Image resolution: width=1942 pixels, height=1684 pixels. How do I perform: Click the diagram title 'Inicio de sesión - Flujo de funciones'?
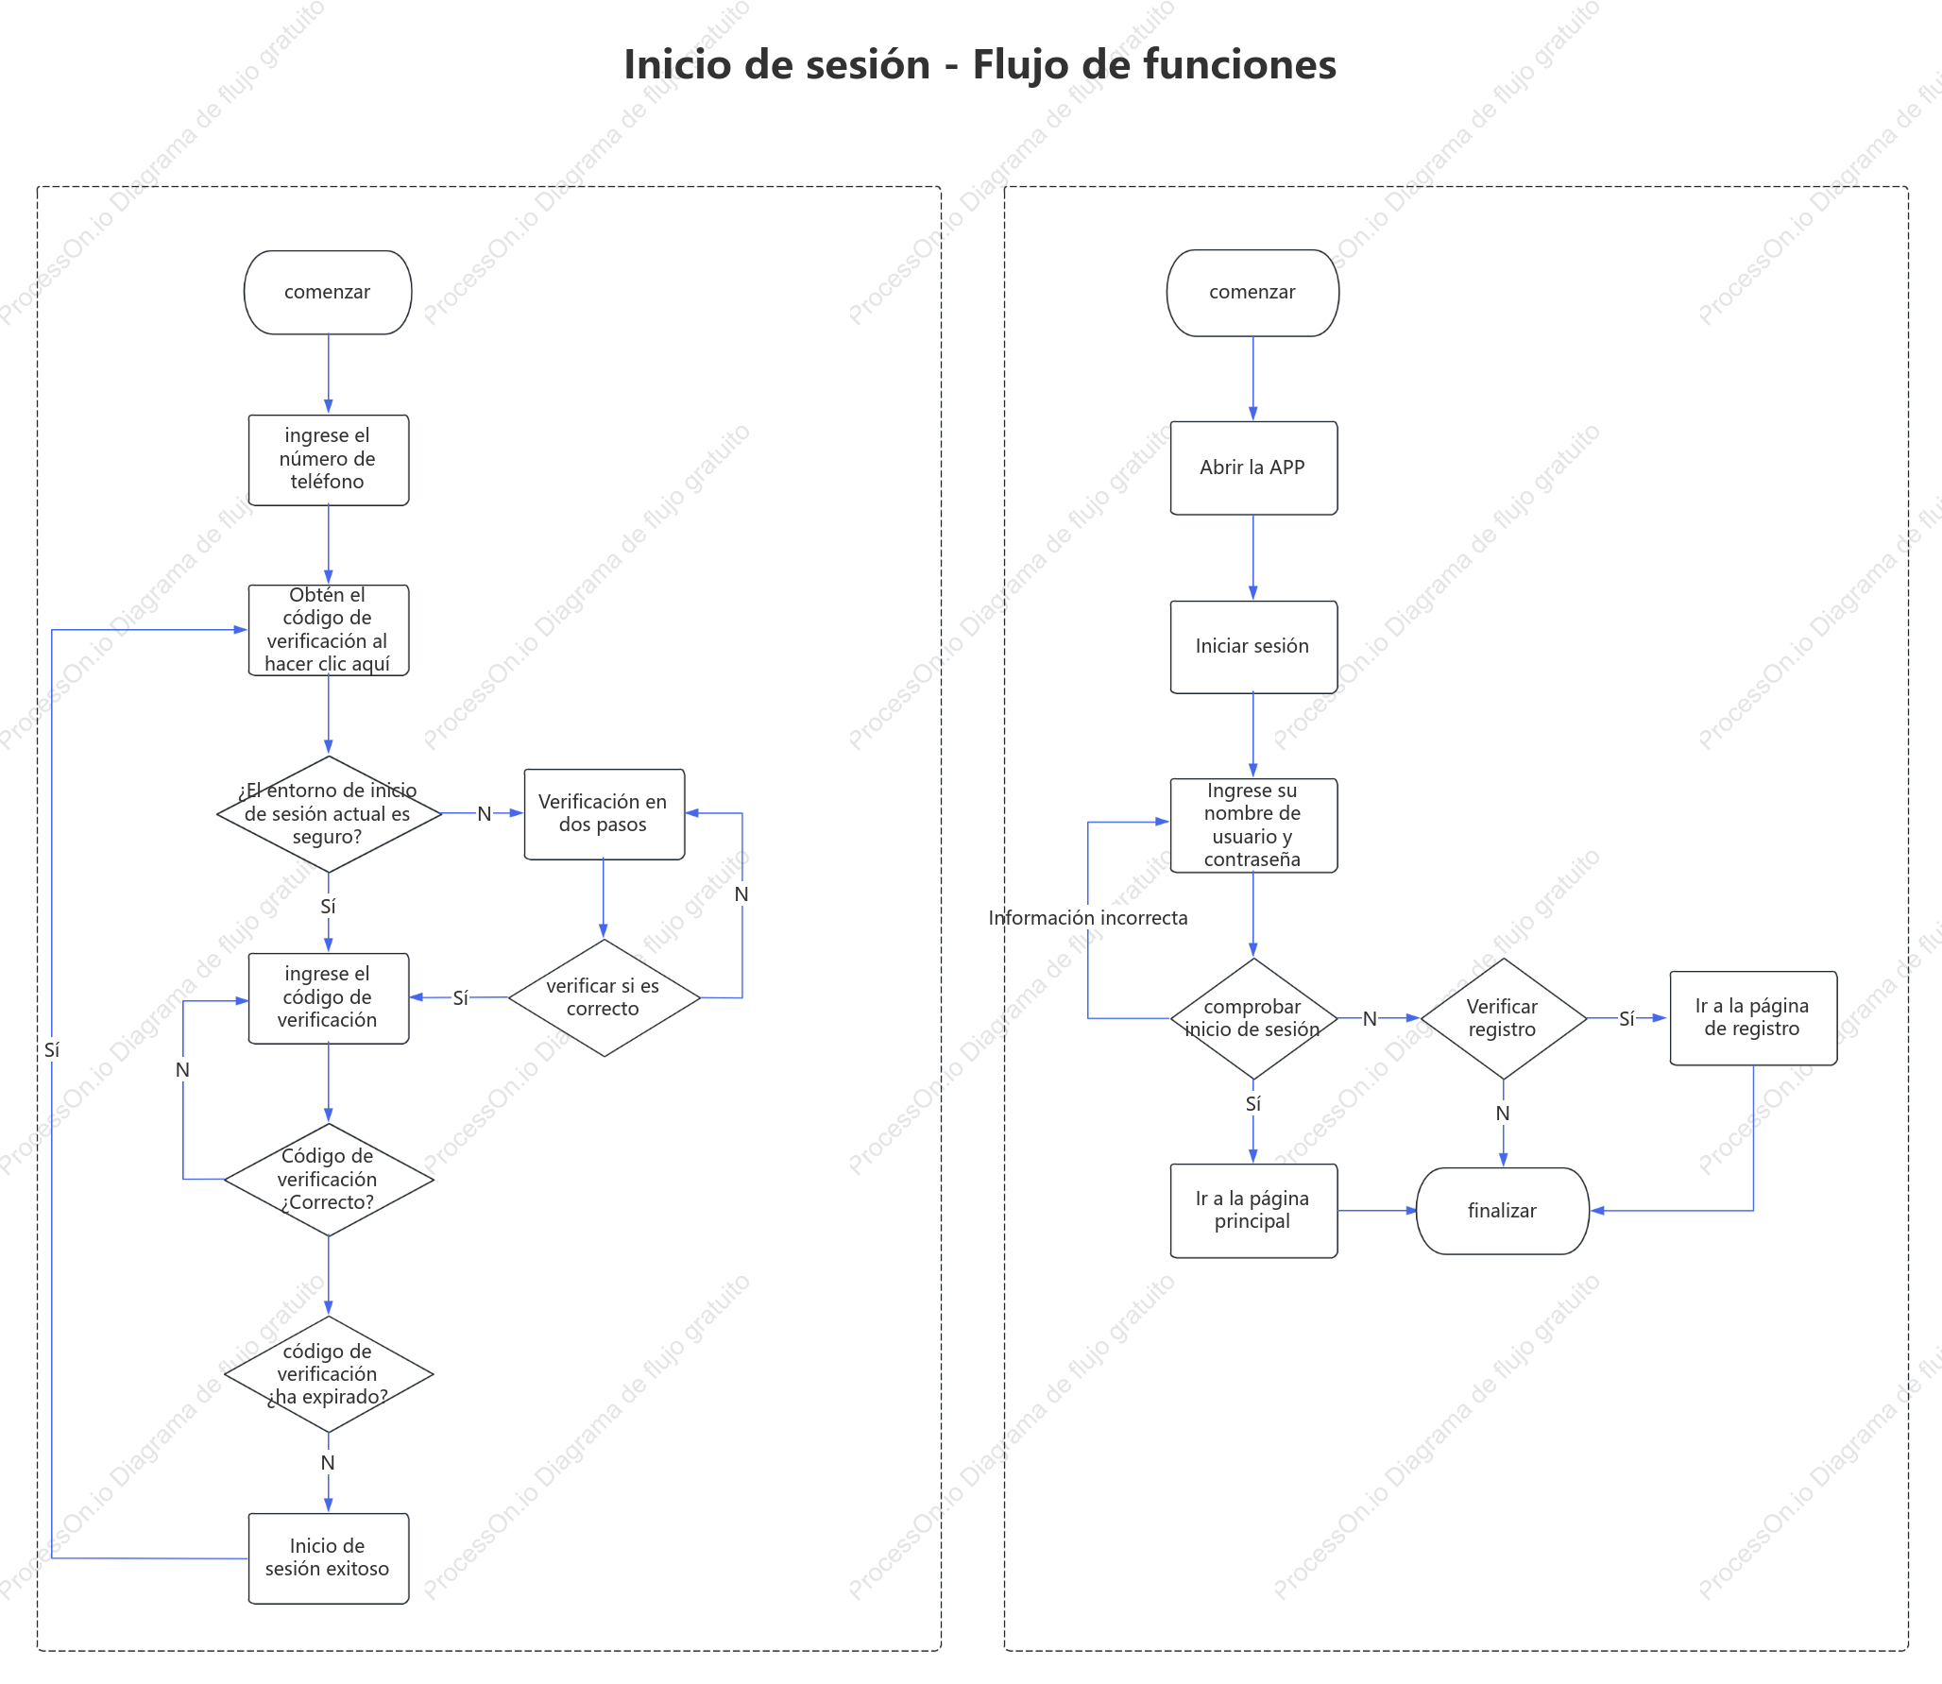tap(980, 64)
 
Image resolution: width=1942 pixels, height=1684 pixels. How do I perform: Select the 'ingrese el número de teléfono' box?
tap(329, 460)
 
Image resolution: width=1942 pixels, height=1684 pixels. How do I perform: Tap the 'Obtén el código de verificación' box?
tap(329, 630)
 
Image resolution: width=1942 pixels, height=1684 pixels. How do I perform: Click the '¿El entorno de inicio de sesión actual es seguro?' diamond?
tap(329, 813)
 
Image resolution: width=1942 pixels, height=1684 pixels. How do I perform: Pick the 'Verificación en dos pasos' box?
tap(605, 814)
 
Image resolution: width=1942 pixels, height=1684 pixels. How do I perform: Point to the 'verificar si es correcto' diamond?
tap(605, 997)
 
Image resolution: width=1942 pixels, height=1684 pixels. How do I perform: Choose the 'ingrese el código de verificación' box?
tap(329, 998)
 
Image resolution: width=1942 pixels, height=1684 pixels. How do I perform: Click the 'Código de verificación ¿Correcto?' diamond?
tap(329, 1180)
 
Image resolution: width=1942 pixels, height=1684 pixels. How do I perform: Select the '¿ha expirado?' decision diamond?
tap(329, 1374)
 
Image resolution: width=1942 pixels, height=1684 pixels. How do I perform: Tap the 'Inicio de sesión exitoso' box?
tap(329, 1558)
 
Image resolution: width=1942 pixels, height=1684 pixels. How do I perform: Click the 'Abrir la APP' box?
tap(1253, 468)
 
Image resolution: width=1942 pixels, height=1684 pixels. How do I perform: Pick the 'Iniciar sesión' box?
tap(1253, 647)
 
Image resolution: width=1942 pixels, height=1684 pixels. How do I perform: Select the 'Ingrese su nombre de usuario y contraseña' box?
tap(1253, 825)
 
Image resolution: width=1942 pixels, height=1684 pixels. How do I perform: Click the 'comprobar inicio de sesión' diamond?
tap(1253, 1018)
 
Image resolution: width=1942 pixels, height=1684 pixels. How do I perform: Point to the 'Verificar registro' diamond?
tap(1504, 1018)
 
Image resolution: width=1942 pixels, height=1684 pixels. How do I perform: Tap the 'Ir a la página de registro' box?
tap(1753, 1018)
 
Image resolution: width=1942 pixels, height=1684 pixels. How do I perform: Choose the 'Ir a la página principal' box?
tap(1253, 1211)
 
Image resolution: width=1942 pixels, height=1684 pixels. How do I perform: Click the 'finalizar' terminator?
tap(1503, 1211)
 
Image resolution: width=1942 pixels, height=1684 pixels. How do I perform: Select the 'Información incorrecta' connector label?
tap(1088, 918)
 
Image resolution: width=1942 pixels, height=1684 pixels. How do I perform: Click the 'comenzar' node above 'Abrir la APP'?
tap(1252, 293)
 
